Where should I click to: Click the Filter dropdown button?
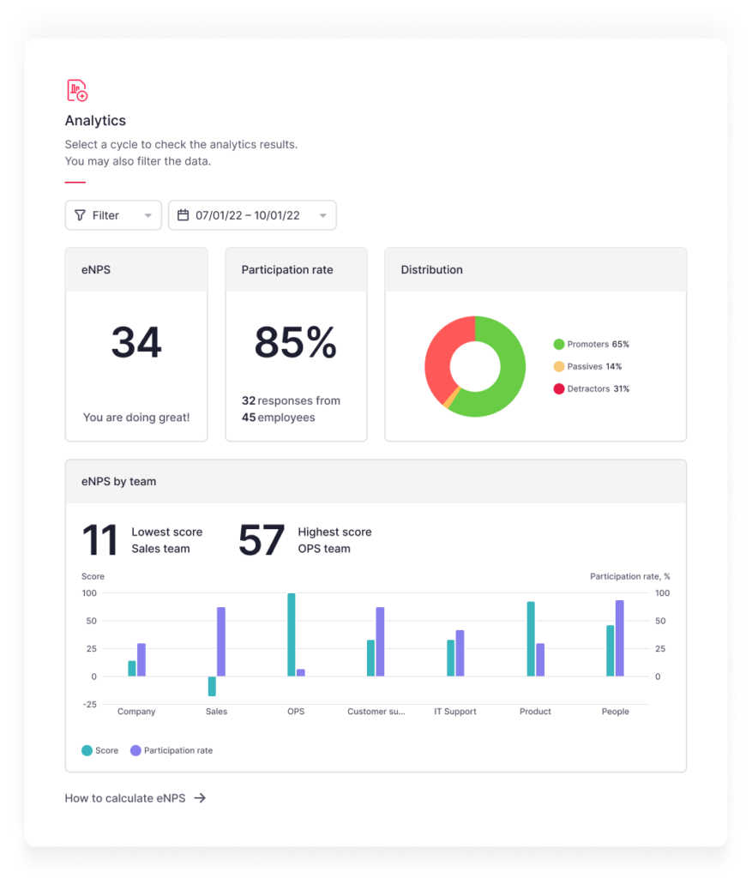[x=113, y=215]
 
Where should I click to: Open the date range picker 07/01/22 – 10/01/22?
[x=252, y=215]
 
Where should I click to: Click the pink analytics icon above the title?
[x=77, y=90]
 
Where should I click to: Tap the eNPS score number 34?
[x=136, y=343]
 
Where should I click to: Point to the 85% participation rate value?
[x=296, y=343]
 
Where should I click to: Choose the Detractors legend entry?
[x=592, y=389]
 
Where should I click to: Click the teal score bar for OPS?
[x=292, y=634]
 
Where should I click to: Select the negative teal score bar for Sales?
[x=212, y=686]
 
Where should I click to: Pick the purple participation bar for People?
[x=619, y=638]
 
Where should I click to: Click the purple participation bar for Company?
[x=141, y=659]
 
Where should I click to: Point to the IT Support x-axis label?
[x=455, y=712]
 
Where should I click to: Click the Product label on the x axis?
[x=535, y=712]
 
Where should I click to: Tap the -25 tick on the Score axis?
[x=90, y=705]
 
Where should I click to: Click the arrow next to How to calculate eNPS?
[x=200, y=798]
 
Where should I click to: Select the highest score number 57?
[x=261, y=541]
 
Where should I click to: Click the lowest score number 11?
[x=99, y=541]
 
